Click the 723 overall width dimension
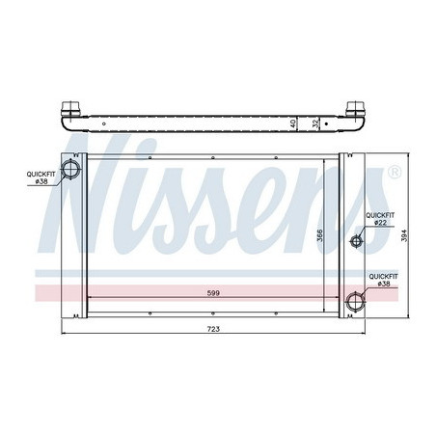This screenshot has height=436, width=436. [213, 330]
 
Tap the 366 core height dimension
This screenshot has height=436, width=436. [321, 234]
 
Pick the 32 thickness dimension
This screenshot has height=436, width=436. [315, 123]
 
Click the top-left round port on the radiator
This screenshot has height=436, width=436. [71, 171]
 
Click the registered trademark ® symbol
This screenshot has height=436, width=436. [394, 174]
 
